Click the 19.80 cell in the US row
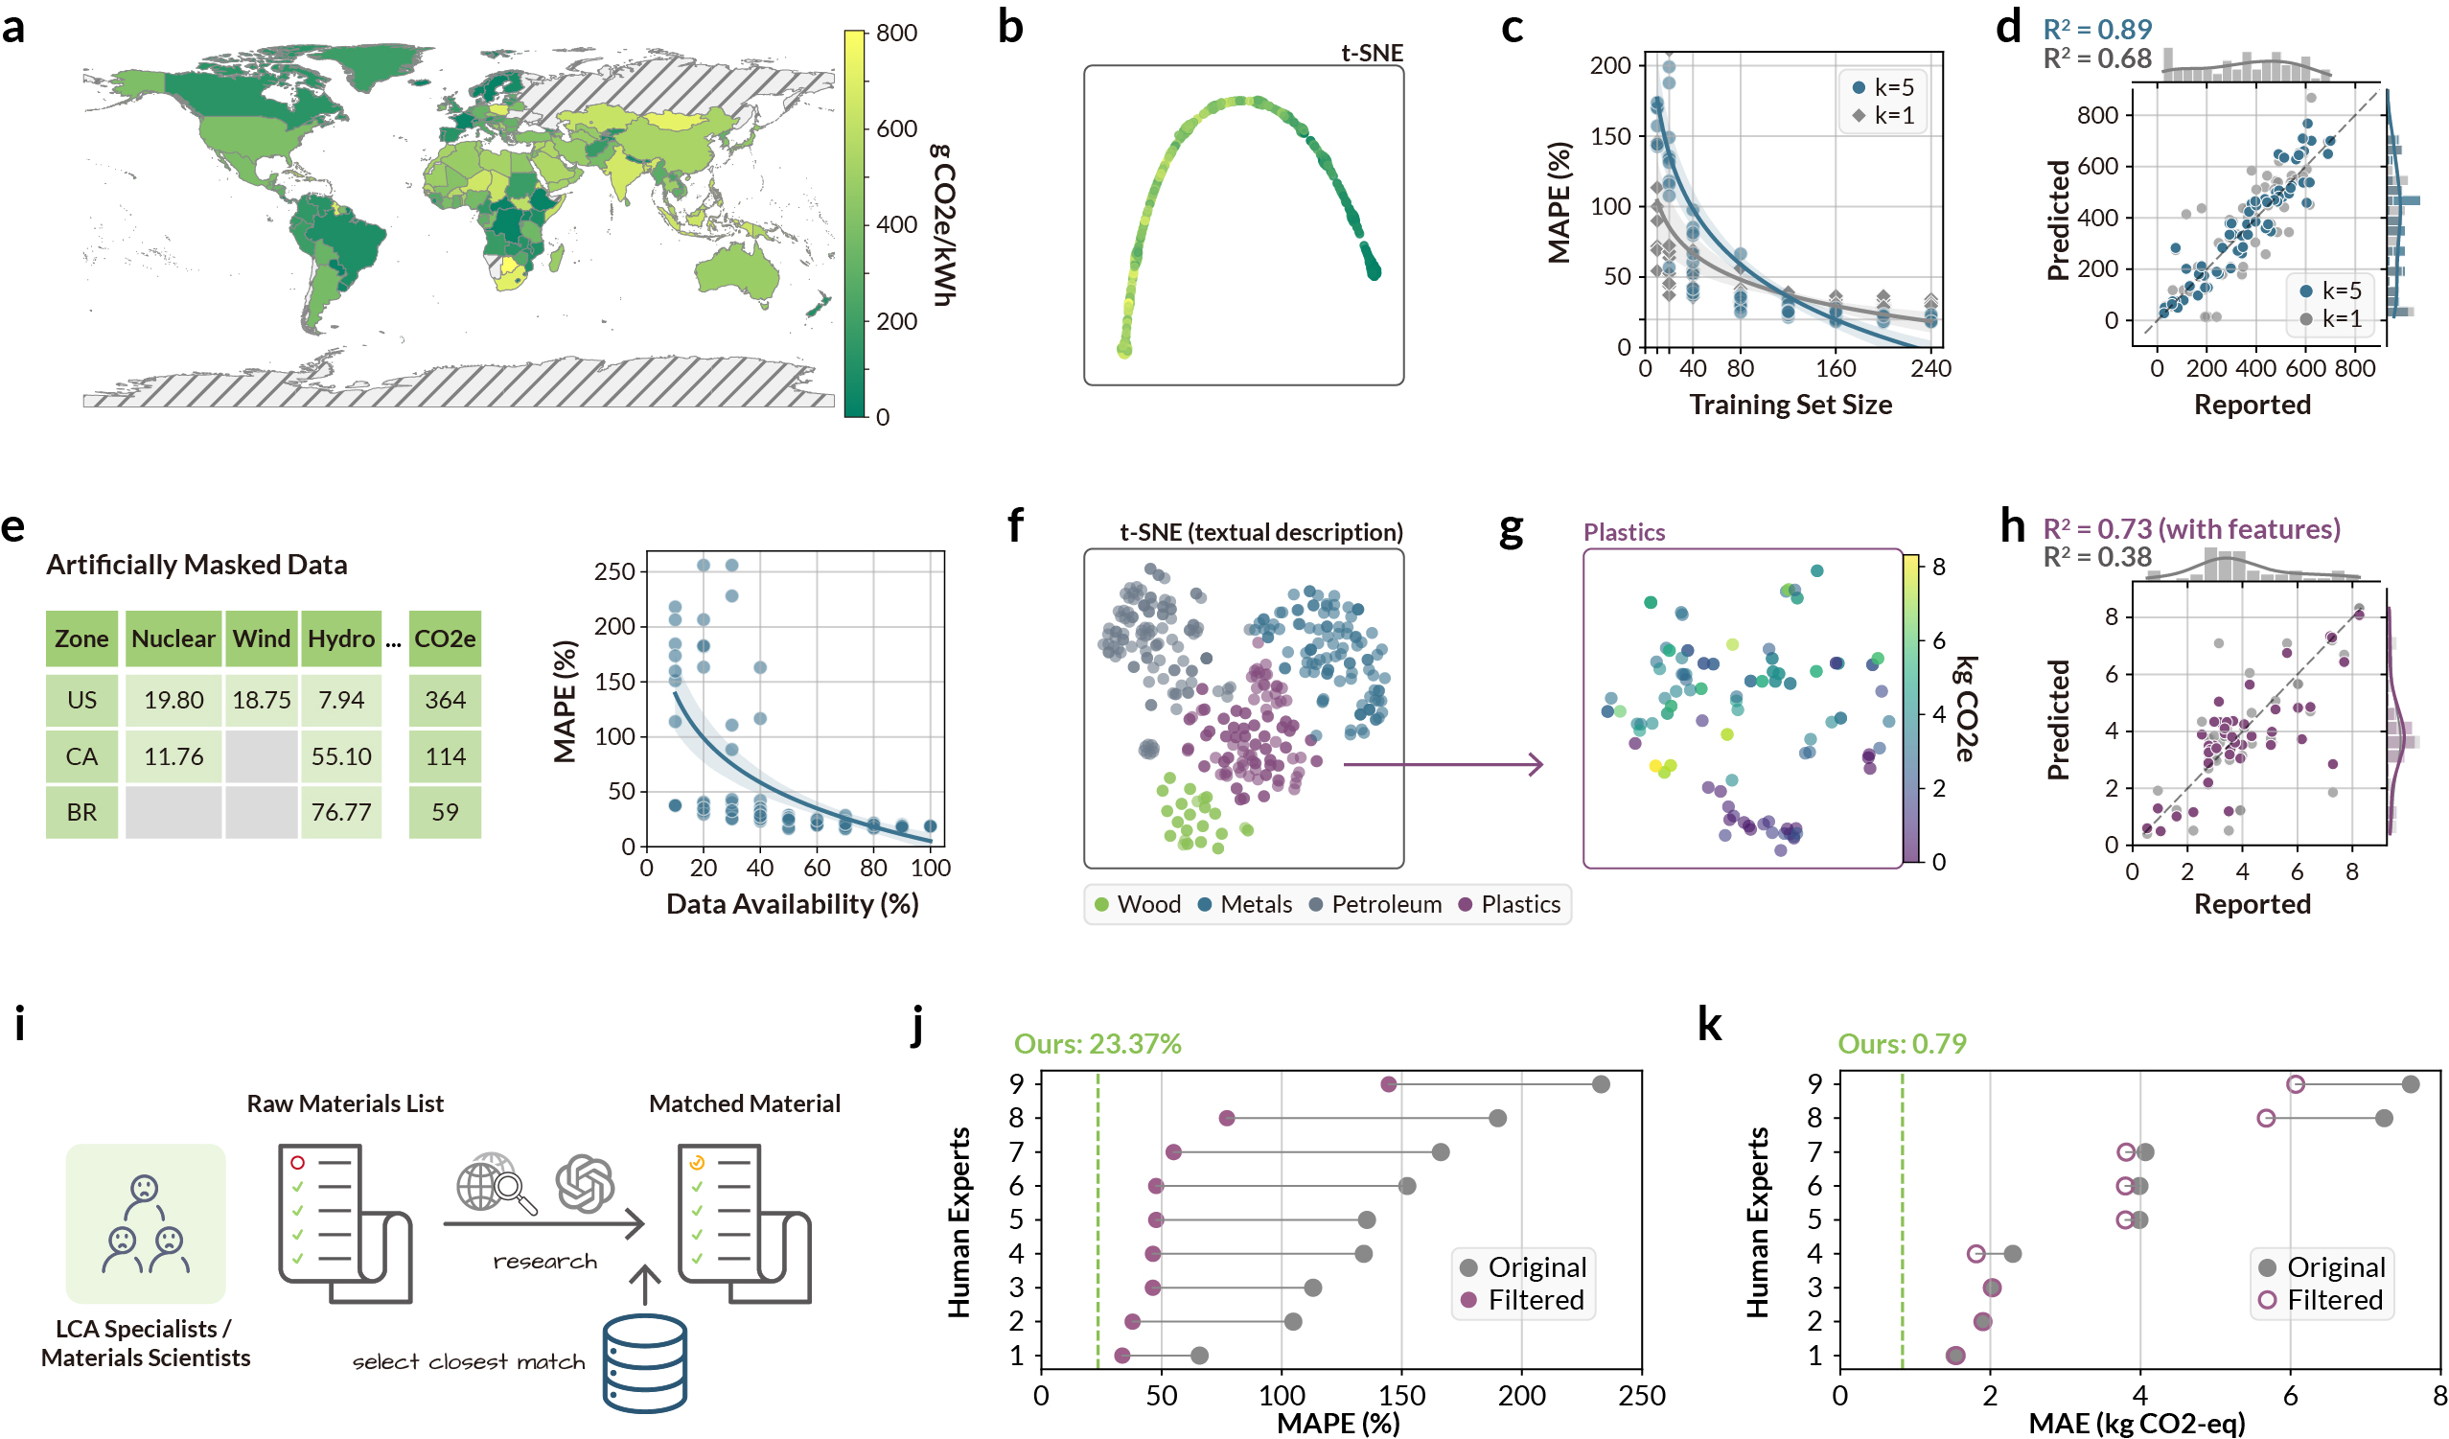tap(173, 699)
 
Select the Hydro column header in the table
tap(341, 638)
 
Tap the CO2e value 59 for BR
tap(445, 811)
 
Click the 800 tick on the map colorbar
tap(896, 33)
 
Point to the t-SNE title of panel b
tap(1372, 53)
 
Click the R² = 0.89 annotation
tap(2097, 29)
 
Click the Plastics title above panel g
tap(1624, 532)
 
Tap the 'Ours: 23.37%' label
tap(1097, 1043)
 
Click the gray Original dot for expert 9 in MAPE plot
tap(1601, 1083)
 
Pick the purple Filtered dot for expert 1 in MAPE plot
tap(1122, 1355)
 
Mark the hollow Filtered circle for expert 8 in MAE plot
tap(2265, 1117)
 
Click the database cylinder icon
tap(644, 1362)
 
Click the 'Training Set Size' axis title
tap(1791, 405)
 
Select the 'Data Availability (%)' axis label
tap(792, 903)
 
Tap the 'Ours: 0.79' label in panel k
tap(1902, 1043)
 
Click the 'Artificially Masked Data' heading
tap(196, 564)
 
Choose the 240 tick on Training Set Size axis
tap(1930, 368)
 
